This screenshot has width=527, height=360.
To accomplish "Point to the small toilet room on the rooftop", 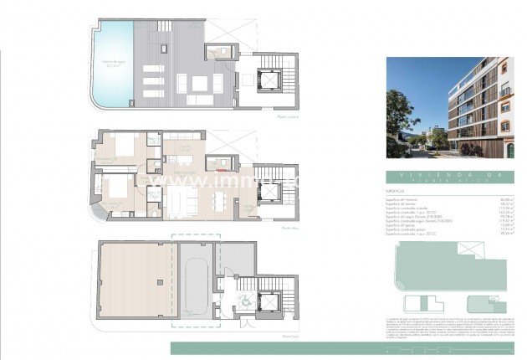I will pos(222,52).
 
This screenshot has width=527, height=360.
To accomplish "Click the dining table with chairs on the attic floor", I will pos(221,199).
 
